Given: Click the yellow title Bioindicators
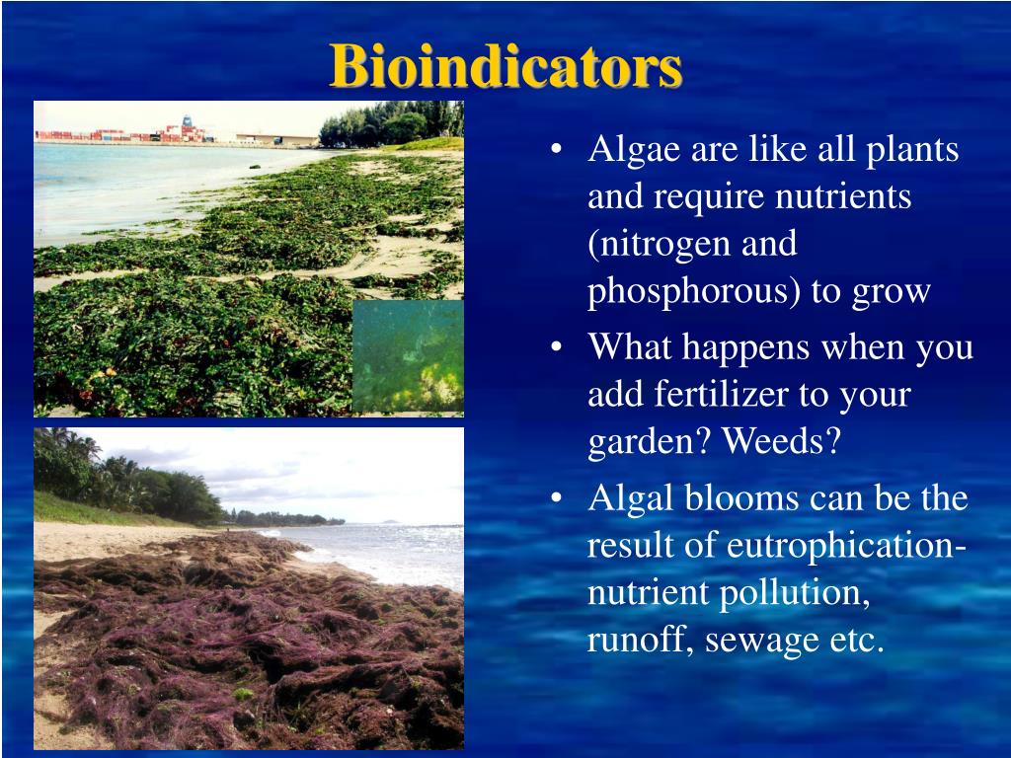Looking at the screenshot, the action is click(505, 66).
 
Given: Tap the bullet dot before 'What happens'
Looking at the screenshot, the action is click(557, 346).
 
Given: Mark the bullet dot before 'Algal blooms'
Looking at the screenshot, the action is click(557, 498).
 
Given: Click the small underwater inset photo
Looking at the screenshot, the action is click(408, 355).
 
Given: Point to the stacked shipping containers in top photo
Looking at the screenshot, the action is click(122, 134).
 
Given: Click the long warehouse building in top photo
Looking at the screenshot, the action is click(277, 139).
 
